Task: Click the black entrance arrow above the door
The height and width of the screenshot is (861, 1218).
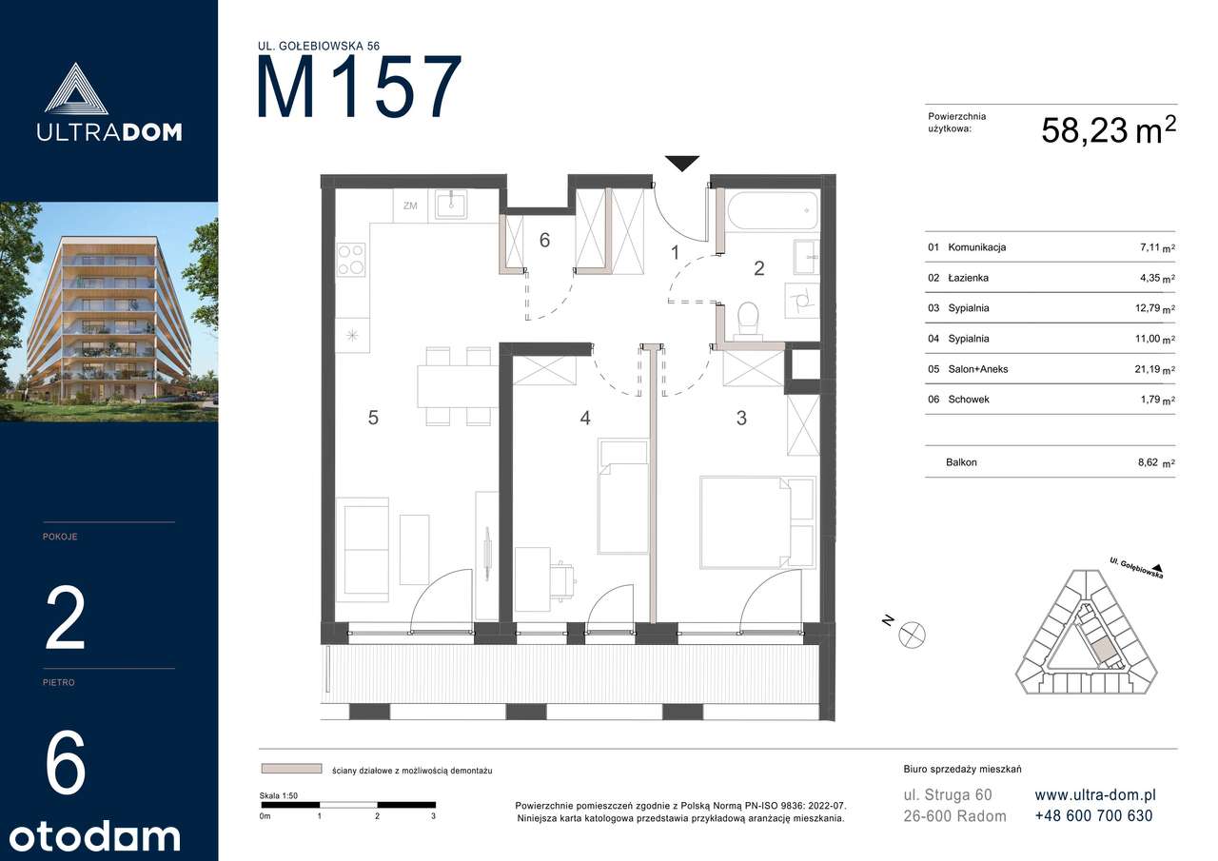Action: [x=682, y=163]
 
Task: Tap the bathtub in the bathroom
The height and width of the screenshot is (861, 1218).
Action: [x=772, y=210]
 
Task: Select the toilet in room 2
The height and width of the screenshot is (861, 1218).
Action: [x=748, y=318]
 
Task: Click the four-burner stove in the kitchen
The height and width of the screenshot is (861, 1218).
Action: [x=351, y=260]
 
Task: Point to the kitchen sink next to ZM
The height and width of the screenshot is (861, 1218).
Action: [x=451, y=204]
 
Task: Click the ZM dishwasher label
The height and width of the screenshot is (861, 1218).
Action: [x=410, y=205]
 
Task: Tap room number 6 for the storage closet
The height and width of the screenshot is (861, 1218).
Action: [x=544, y=240]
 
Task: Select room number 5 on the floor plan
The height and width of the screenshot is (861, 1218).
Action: [x=373, y=418]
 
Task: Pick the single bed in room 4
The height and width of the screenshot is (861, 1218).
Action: [x=623, y=497]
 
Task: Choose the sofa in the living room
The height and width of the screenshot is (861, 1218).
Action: [x=363, y=550]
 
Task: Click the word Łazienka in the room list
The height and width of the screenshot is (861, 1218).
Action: [x=969, y=278]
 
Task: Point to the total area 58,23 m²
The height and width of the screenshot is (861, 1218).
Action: [x=1109, y=130]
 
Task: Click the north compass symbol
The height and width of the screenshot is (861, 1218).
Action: [x=912, y=635]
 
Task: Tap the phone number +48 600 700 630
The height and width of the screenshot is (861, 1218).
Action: [x=1093, y=816]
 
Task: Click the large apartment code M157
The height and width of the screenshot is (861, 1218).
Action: [x=359, y=87]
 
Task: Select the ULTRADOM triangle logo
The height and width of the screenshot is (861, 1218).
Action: [x=75, y=88]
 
